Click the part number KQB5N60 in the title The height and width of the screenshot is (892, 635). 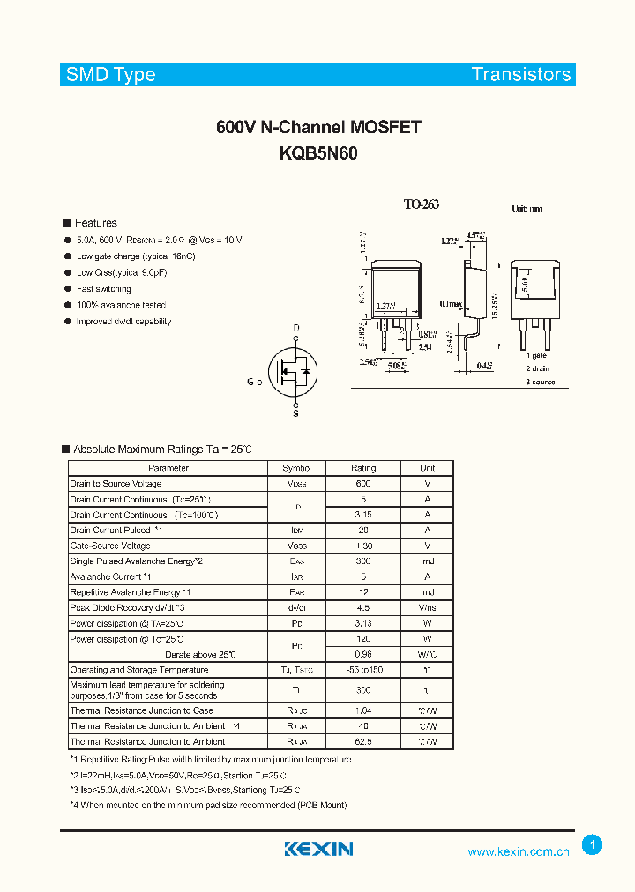point(317,152)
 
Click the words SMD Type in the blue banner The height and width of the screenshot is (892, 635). point(110,75)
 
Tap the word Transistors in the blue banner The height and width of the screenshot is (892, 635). point(521,75)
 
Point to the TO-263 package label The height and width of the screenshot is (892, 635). point(421,204)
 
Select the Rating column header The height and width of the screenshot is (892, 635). point(363,468)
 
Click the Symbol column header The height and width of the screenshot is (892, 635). point(296,468)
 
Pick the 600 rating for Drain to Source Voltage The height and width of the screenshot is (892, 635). point(363,484)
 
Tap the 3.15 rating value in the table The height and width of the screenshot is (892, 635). point(363,515)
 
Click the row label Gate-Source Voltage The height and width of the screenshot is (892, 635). point(110,546)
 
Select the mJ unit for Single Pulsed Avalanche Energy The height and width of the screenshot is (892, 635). point(427,561)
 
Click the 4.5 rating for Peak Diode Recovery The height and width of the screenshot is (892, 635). point(363,608)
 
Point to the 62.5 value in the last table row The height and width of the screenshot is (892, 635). point(363,742)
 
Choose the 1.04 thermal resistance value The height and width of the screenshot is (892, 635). point(363,710)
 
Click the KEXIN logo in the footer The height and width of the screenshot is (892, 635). point(318,849)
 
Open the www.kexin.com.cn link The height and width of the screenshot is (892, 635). point(519,852)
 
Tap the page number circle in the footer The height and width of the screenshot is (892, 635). point(593,844)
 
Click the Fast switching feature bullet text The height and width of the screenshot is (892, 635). point(103,289)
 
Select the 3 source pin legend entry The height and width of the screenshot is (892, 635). point(541,382)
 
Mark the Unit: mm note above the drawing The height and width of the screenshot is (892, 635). point(527,209)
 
